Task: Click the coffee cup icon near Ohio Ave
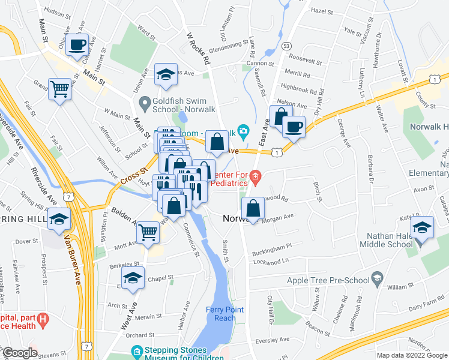[77, 44]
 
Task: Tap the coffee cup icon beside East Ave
[294, 127]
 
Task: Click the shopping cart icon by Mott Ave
[148, 232]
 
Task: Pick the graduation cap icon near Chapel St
[133, 278]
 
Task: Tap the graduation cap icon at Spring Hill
[59, 219]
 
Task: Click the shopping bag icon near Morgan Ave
[253, 209]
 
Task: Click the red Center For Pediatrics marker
[255, 176]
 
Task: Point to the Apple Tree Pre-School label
[331, 280]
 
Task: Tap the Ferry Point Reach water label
[225, 314]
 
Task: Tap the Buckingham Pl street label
[271, 245]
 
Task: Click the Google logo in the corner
[19, 353]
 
